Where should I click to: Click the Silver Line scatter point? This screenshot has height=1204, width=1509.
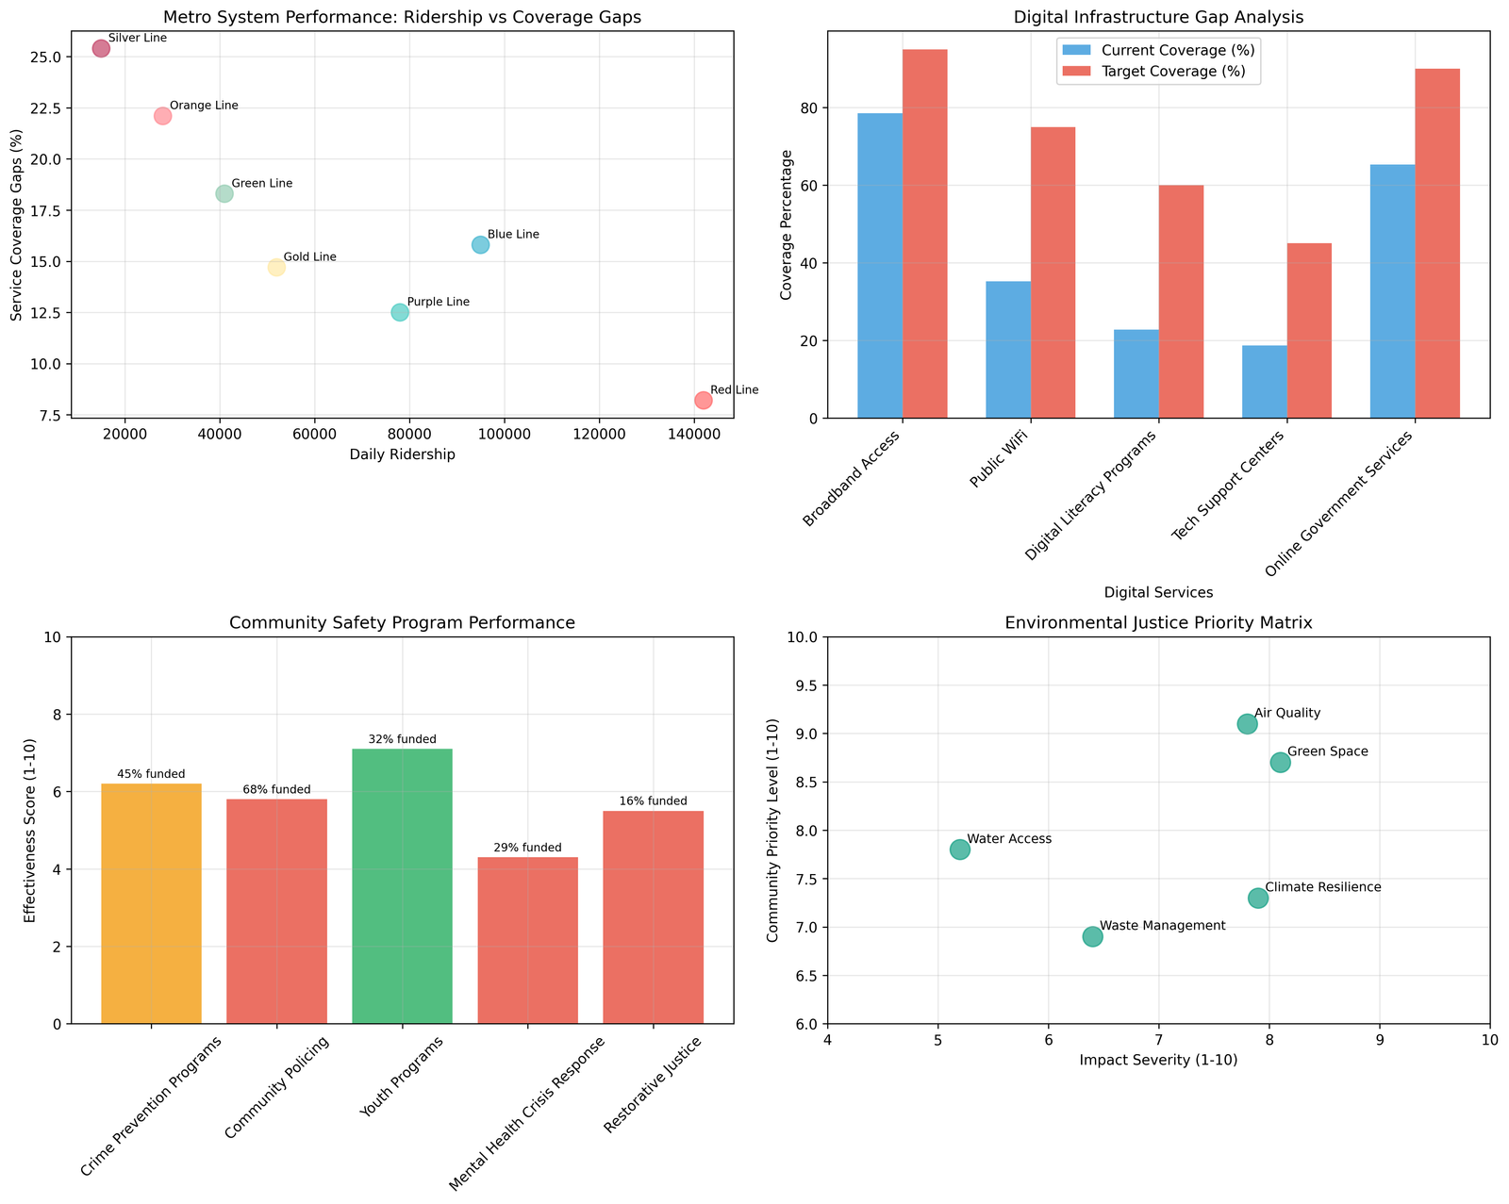coord(101,49)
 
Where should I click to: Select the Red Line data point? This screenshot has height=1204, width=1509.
coord(703,400)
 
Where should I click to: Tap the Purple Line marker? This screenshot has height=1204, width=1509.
coord(400,312)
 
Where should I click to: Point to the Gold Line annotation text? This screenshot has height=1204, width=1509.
coord(309,257)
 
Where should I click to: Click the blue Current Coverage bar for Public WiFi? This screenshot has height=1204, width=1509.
coord(1008,350)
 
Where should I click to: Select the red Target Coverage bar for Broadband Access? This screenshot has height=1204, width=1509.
coord(925,234)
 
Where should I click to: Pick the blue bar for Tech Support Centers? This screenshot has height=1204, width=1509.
coord(1264,382)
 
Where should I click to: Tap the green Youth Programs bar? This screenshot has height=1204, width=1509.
coord(402,886)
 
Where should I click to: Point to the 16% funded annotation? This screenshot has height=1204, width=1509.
coord(653,801)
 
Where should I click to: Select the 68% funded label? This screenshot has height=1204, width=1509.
coord(276,789)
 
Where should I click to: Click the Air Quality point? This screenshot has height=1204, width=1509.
coord(1247,724)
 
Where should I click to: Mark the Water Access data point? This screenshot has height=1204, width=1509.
coord(959,849)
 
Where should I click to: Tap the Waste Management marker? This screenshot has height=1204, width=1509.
coord(1092,936)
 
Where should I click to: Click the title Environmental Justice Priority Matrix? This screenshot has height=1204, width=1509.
coord(1158,622)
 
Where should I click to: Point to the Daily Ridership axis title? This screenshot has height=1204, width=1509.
coord(402,454)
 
